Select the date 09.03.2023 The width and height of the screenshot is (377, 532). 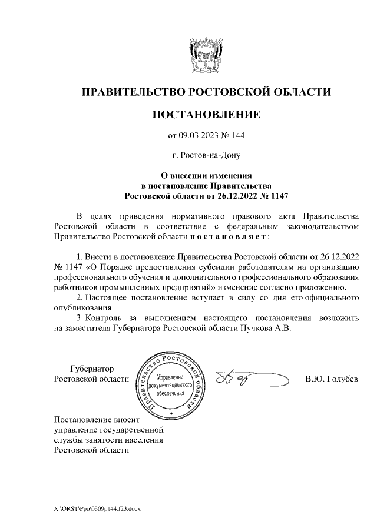[x=199, y=136]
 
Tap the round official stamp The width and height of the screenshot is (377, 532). [x=170, y=385]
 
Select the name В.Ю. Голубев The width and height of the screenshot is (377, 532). [x=331, y=379]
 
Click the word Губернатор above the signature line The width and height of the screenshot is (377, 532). [x=92, y=368]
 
